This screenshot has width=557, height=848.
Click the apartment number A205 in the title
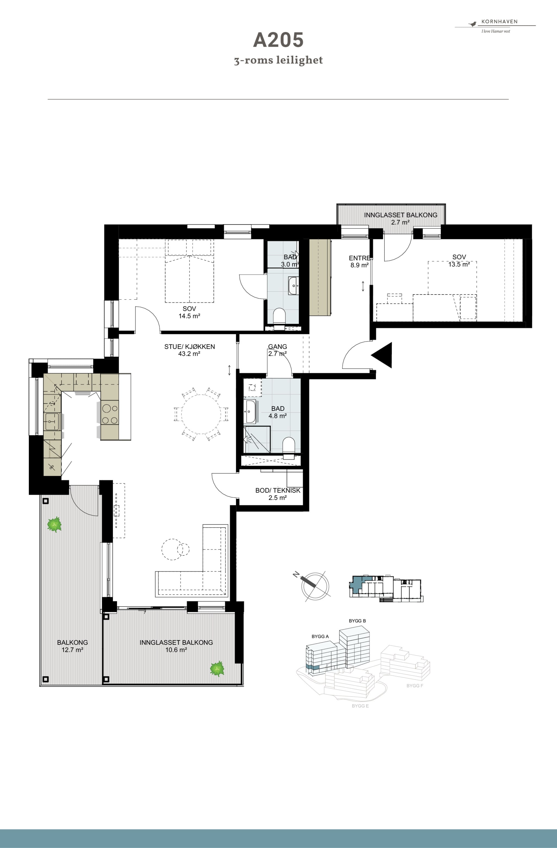278,40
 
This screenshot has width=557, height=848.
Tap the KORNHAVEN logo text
499,21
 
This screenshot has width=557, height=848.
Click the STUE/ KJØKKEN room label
189,346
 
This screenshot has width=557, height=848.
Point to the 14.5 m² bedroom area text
189,316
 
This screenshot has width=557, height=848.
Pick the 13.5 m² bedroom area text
459,264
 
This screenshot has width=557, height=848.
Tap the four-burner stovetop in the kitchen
110,413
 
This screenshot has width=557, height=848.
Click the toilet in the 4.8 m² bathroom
289,447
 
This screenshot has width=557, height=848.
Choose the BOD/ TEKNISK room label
278,490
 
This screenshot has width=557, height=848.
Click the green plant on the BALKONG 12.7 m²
54,524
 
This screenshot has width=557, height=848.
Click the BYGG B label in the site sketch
357,621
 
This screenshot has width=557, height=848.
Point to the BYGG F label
415,686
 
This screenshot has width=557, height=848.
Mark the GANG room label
277,346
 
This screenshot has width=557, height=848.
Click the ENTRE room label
360,258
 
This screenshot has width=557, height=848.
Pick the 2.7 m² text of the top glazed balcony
400,222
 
